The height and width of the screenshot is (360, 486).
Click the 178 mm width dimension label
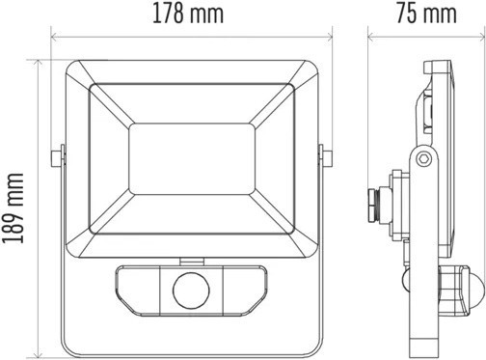point(188,14)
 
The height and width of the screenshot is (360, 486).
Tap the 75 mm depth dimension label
point(426,14)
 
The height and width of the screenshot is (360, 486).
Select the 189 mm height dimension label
point(13,208)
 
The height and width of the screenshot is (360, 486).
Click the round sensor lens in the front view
point(191,291)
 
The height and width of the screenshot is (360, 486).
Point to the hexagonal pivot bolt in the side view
point(422,158)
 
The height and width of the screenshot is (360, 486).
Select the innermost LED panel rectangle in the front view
point(192,159)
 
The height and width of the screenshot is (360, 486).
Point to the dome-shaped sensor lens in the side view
point(479,290)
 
